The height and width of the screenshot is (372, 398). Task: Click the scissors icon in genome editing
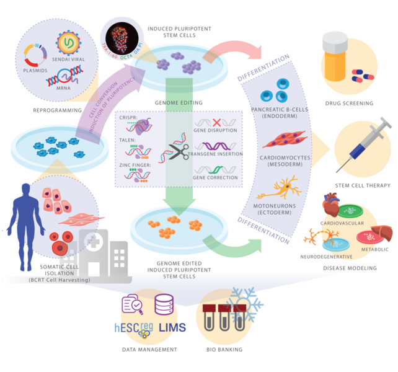click(179, 150)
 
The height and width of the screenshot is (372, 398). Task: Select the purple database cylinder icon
click(164, 304)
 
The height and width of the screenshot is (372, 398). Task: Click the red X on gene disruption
click(217, 122)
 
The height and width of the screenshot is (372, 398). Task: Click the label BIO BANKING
click(225, 350)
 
